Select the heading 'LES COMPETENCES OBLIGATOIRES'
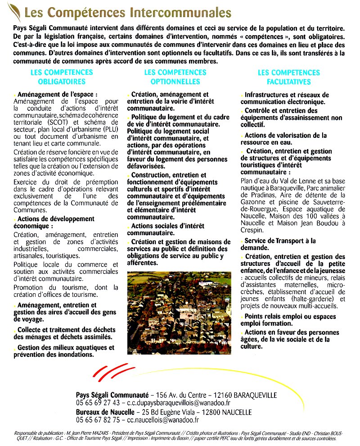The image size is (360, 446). [62, 77]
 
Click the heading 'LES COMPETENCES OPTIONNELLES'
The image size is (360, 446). [175, 77]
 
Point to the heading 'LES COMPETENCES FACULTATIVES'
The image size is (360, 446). [288, 77]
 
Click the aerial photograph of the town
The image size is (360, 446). [179, 313]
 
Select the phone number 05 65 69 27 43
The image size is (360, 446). [98, 403]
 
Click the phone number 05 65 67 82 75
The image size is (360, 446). [98, 420]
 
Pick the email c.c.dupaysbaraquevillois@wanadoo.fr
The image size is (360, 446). [179, 403]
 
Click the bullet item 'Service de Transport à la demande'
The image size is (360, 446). [279, 244]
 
